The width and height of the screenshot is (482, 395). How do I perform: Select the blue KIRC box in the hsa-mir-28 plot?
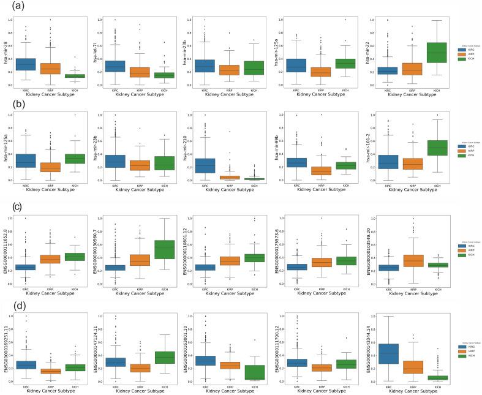(x=26, y=64)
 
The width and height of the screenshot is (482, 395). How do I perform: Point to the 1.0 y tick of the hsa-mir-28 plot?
(x=10, y=19)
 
